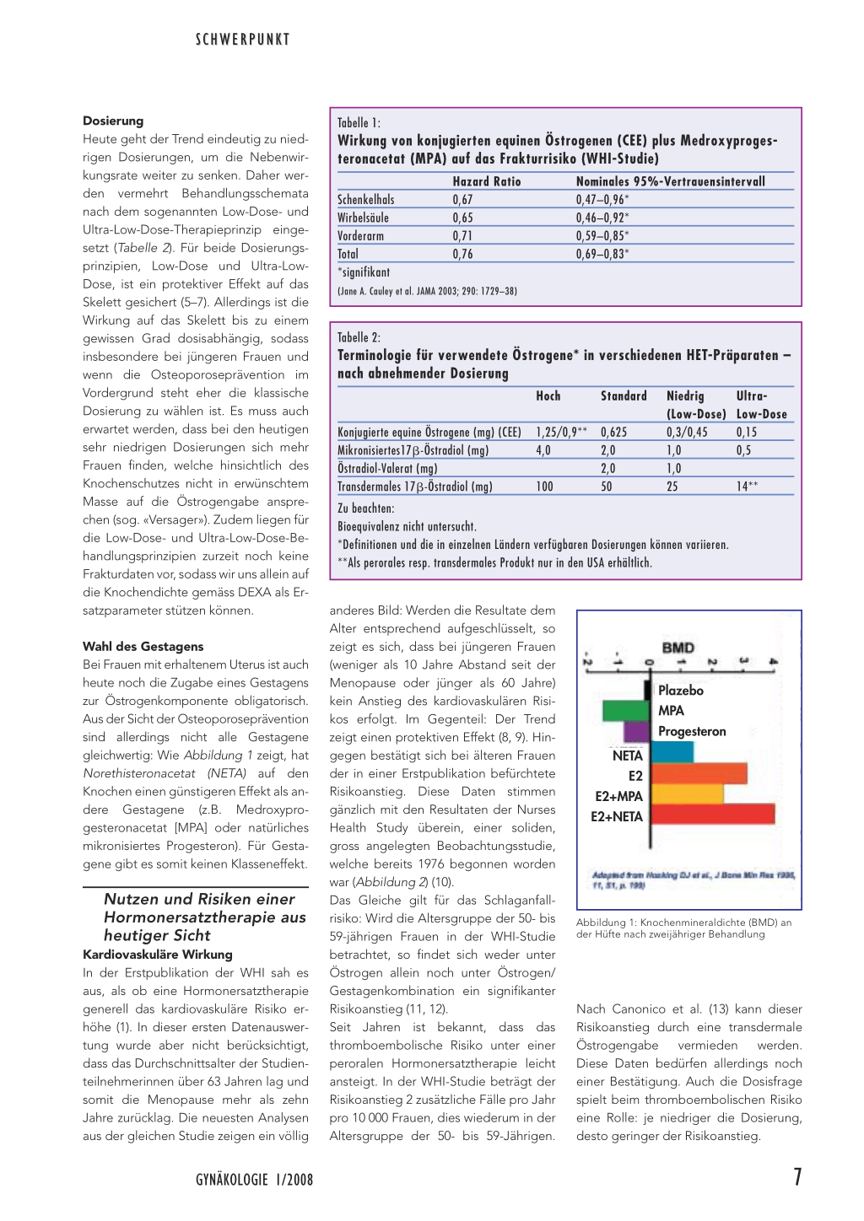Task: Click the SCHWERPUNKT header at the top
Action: [x=242, y=40]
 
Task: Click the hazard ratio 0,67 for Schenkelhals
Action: [x=462, y=200]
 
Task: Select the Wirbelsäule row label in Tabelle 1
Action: [x=363, y=218]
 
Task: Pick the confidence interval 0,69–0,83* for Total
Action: [x=602, y=254]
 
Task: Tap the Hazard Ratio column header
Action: [x=486, y=181]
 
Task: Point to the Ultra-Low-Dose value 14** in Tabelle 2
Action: [x=747, y=487]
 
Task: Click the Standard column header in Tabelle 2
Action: [x=624, y=395]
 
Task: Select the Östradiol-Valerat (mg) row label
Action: [x=387, y=469]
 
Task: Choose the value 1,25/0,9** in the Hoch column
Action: [x=561, y=432]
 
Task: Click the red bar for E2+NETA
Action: [x=713, y=814]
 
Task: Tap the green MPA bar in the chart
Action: [x=625, y=710]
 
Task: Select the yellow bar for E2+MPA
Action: [x=687, y=793]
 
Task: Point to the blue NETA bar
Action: [x=672, y=752]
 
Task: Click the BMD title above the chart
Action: [x=678, y=648]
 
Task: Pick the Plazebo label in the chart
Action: [x=680, y=690]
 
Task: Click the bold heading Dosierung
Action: [x=113, y=121]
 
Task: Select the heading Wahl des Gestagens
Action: [x=143, y=647]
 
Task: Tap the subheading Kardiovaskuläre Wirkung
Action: [x=157, y=955]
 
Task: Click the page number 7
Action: [x=796, y=1177]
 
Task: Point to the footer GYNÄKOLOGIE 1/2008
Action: [x=254, y=1180]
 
